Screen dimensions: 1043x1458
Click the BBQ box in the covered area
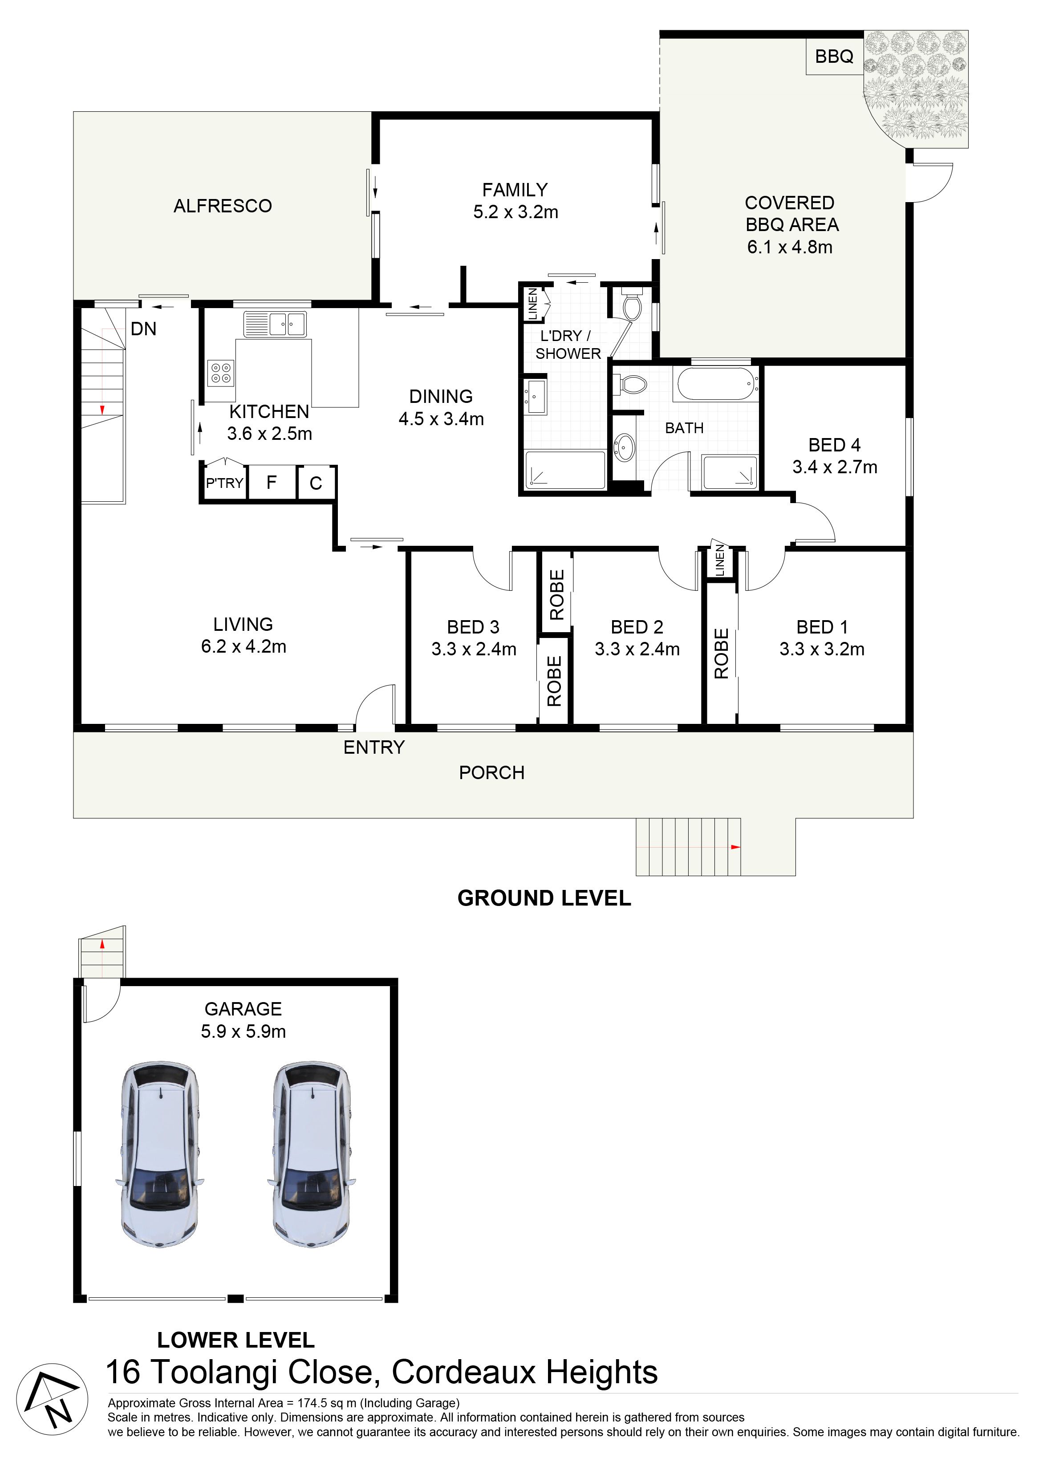click(834, 57)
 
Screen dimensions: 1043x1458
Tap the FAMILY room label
click(515, 190)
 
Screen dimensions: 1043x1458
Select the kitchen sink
click(275, 324)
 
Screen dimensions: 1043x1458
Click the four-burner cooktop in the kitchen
click(221, 373)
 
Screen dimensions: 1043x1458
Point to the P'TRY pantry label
click(225, 483)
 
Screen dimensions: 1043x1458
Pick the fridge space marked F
click(272, 482)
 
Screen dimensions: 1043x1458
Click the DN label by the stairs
click(143, 329)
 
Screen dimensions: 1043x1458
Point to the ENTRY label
click(374, 747)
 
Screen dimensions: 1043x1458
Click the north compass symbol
click(52, 1399)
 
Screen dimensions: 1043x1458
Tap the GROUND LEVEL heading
click(544, 898)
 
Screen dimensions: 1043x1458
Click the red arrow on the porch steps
click(736, 847)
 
